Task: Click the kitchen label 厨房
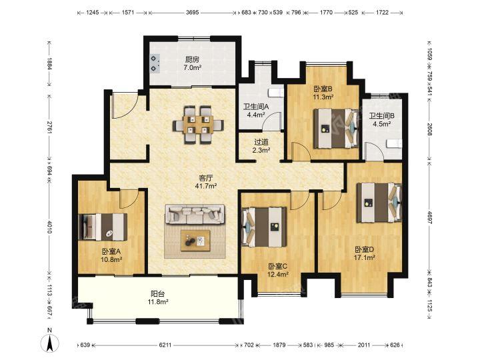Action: (192, 59)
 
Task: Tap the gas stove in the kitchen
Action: (155, 64)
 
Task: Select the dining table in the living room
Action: (198, 125)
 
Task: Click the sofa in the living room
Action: (195, 214)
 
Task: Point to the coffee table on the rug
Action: (195, 241)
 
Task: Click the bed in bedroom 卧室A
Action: (103, 227)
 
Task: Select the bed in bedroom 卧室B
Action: (336, 128)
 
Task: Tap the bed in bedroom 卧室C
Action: (264, 227)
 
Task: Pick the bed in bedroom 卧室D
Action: (379, 203)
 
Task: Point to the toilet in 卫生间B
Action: (394, 143)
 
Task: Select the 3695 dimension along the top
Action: (192, 13)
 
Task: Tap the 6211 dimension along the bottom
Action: (165, 345)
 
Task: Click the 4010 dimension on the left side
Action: (49, 226)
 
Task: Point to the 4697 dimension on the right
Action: (429, 217)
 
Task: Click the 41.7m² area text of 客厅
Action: (206, 186)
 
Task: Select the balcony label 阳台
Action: (158, 294)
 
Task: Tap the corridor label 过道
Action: (261, 142)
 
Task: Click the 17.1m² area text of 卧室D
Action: (365, 258)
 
